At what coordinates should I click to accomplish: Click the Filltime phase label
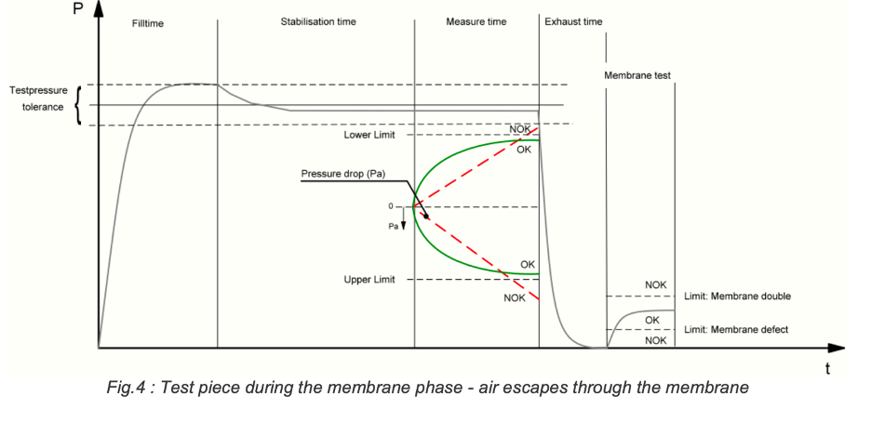148,23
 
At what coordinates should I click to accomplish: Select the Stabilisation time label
318,21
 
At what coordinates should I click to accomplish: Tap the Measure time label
476,21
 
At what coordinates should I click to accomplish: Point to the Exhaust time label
573,21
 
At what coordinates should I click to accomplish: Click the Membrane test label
637,74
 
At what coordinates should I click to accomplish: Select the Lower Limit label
369,136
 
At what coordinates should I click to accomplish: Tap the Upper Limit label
369,280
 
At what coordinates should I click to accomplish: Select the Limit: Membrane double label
736,297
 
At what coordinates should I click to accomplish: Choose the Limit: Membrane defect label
736,330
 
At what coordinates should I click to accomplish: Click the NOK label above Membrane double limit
655,284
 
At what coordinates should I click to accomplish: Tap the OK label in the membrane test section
651,320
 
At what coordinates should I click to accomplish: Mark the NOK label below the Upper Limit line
515,297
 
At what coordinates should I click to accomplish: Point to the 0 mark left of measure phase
392,205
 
